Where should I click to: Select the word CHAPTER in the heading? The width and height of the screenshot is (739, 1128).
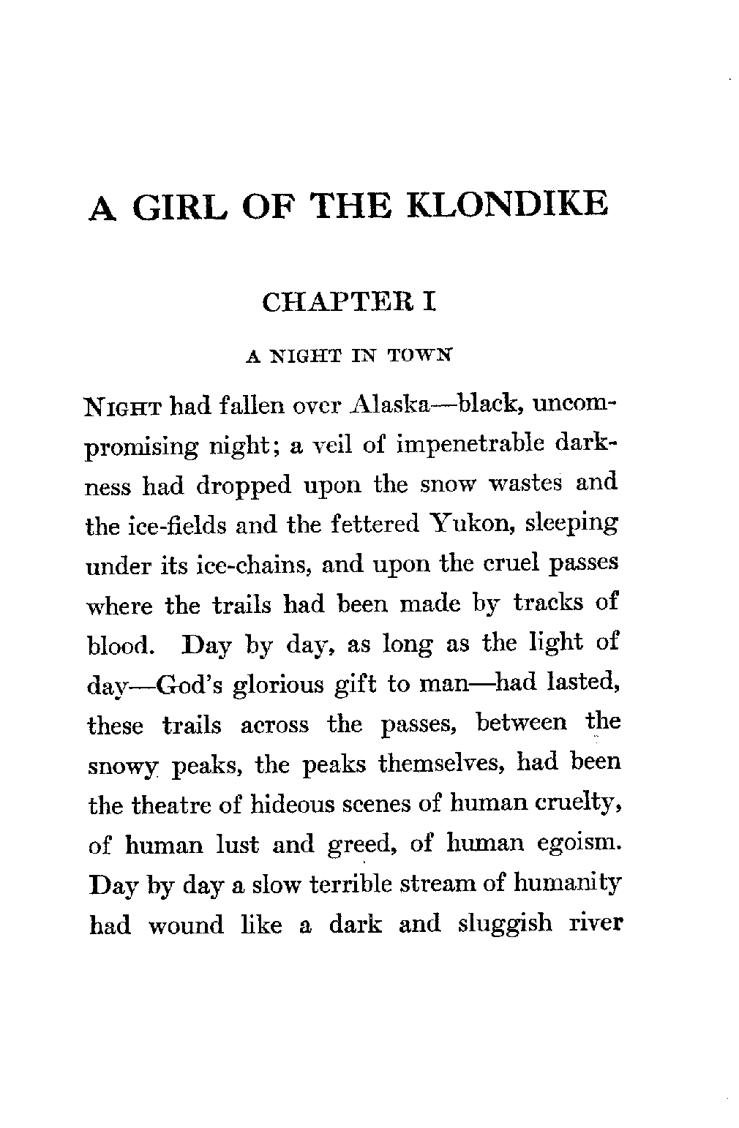pyautogui.click(x=335, y=302)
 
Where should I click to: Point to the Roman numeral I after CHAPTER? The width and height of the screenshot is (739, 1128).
pyautogui.click(x=430, y=302)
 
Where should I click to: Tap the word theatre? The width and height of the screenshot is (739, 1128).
pyautogui.click(x=175, y=805)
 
